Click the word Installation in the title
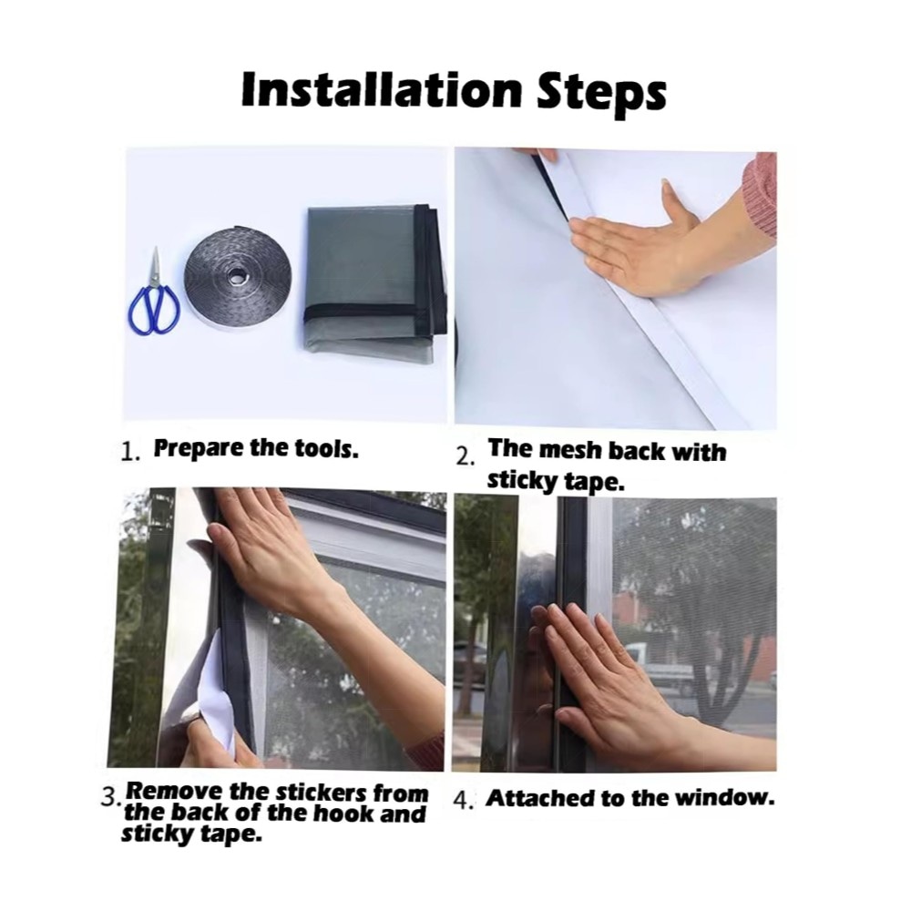pos(382,89)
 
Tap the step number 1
pos(129,452)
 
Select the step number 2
pos(466,456)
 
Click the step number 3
pos(110,796)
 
